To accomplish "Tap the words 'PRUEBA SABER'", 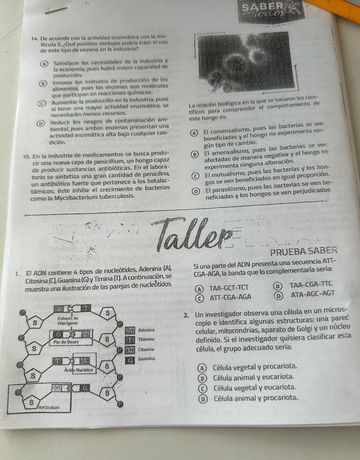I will (x=303, y=252).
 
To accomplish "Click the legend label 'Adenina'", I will (x=147, y=330).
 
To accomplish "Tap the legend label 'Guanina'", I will (x=147, y=359).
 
